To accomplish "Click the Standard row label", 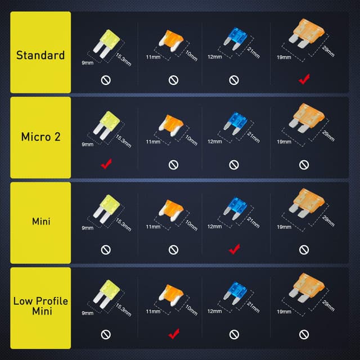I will tap(40, 55).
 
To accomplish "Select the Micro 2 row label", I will tap(40, 137).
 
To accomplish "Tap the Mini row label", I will tap(40, 221).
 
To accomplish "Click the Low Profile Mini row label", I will tap(40, 306).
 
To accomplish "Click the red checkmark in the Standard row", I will tap(304, 79).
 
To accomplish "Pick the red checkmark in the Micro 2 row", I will tap(105, 164).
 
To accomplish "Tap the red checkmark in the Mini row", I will tap(235, 249).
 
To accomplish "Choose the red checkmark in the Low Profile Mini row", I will tap(173, 334).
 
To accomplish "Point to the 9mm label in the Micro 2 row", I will tap(87, 145).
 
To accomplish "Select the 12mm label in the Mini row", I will tap(214, 226).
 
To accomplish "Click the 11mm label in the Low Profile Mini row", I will tap(152, 311).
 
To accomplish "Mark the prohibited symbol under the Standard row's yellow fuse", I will tap(105, 80).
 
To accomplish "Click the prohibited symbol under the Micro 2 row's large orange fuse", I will tap(304, 164).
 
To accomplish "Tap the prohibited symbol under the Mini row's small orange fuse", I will tap(173, 249).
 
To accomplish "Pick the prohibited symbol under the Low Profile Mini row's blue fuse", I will tap(235, 334).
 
